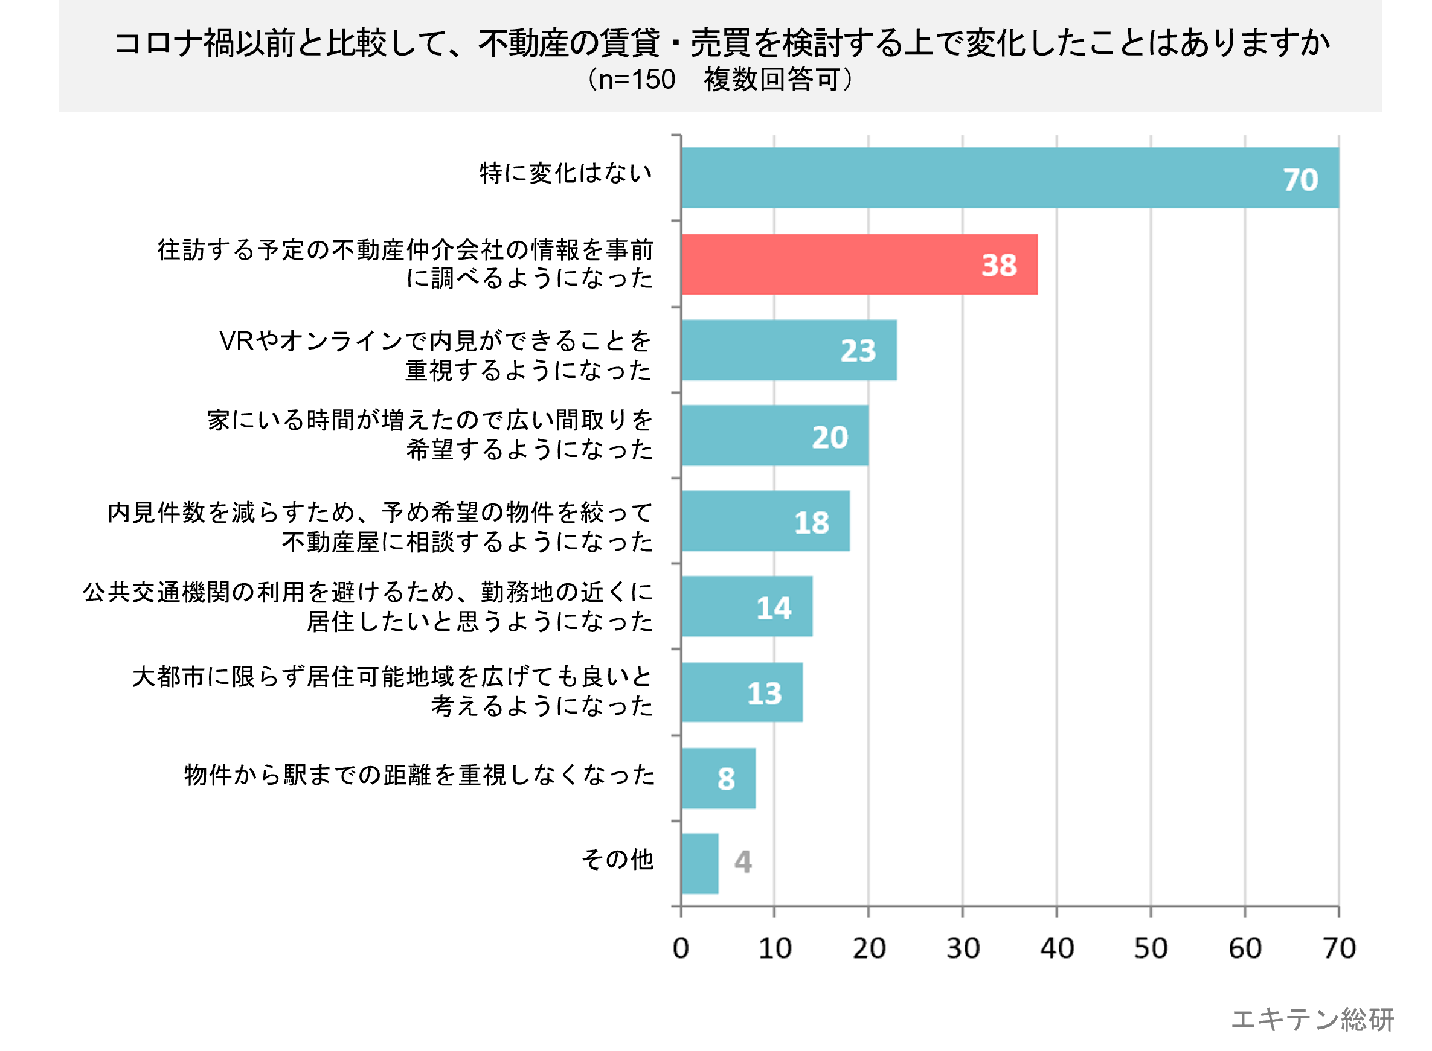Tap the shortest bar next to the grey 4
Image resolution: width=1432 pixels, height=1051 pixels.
pos(699,863)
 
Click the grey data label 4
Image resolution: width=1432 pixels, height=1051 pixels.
pos(743,862)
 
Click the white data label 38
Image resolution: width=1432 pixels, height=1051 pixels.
pos(998,265)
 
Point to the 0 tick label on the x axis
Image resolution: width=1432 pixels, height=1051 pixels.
pos(680,948)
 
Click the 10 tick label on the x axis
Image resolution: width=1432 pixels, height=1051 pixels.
pos(774,948)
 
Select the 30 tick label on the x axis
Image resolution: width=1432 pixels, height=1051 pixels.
pos(962,948)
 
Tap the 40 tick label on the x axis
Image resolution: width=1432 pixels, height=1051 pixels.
pos(1056,948)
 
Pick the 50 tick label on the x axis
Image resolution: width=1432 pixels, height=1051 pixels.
pos(1151,948)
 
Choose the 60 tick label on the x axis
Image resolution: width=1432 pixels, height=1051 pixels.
pos(1245,948)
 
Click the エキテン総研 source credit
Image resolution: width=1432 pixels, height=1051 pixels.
pos(1312,1019)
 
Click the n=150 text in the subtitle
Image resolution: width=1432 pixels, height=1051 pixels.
pos(637,80)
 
